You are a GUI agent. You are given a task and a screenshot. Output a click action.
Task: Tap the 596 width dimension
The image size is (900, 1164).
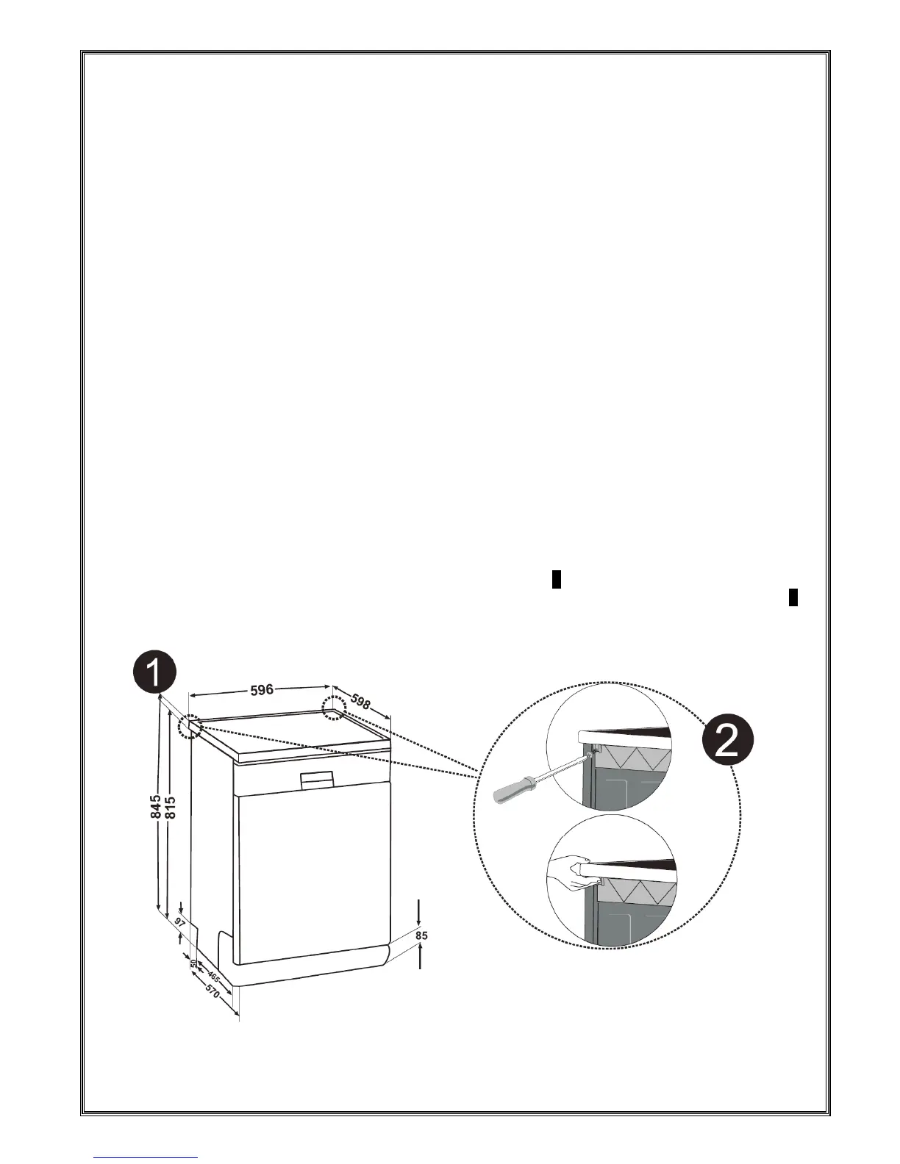point(262,689)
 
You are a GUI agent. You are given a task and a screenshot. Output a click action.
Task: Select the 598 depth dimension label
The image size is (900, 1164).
point(361,701)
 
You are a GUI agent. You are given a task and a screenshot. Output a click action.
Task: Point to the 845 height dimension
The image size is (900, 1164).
point(155,808)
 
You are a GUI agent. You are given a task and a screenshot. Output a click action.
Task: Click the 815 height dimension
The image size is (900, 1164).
point(171,808)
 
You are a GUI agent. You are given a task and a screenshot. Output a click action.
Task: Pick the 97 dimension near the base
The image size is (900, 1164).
point(178,921)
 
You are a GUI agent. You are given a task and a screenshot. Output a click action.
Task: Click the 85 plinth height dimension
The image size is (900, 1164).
point(421,935)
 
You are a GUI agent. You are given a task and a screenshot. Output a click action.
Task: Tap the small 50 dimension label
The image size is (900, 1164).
point(193,963)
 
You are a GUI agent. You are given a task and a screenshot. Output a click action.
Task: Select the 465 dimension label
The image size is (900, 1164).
point(213,977)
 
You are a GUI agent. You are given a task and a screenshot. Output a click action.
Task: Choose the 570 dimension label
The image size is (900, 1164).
point(210,994)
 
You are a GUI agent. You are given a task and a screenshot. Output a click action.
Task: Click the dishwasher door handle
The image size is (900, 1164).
point(317,779)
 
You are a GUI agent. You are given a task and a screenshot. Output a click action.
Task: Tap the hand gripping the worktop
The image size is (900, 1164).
point(571,870)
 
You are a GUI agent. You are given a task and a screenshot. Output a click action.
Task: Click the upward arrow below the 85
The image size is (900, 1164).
point(420,957)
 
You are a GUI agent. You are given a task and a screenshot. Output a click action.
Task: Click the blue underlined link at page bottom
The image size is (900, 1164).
point(147,1159)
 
